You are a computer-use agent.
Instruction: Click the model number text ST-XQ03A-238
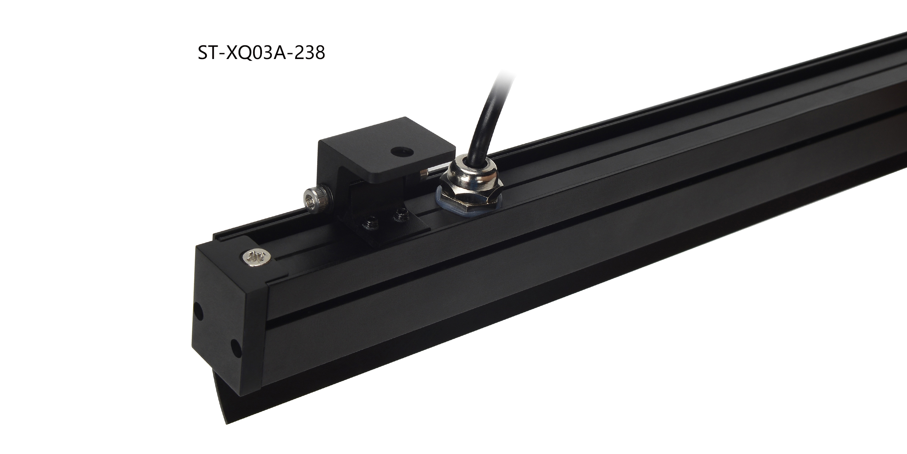[x=261, y=53]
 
